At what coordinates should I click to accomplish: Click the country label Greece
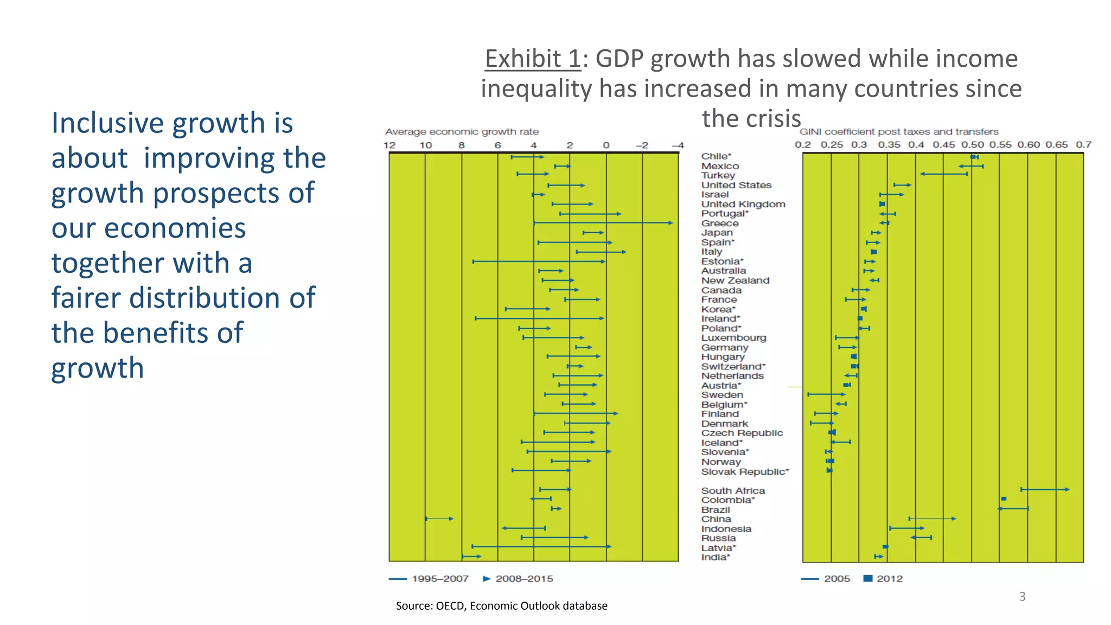(719, 224)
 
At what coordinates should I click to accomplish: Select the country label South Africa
(733, 490)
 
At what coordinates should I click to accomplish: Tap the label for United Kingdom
(743, 204)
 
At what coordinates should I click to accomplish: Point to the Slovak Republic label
(744, 471)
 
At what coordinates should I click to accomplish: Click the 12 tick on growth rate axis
(390, 145)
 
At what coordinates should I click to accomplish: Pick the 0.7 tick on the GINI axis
(1083, 145)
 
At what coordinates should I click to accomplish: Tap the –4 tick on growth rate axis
(678, 145)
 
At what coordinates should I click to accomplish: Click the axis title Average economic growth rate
(462, 132)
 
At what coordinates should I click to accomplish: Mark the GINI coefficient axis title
(899, 132)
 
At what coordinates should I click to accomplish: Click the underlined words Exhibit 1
(533, 59)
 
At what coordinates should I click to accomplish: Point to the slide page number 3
(1022, 597)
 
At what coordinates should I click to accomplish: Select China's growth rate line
(439, 519)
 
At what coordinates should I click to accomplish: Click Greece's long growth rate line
(602, 223)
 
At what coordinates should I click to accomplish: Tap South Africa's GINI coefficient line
(1044, 489)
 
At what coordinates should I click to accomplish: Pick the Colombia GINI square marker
(1004, 499)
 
